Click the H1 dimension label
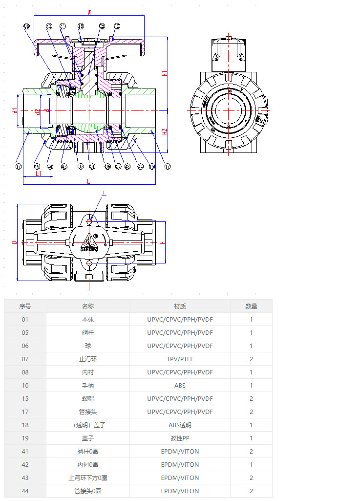point(165,73)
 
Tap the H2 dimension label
point(165,131)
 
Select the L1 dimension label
point(38,173)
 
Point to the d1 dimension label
point(15,110)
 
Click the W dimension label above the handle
point(88,11)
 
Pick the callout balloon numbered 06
point(107,166)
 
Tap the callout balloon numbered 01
point(93,166)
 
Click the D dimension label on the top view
point(14,242)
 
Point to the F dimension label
point(163,242)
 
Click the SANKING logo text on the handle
point(89,249)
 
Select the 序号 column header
point(25,306)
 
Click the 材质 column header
point(180,306)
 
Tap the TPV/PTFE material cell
point(180,359)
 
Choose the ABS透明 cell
point(180,425)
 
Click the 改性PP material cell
point(180,438)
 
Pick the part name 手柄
point(88,385)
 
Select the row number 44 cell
point(25,491)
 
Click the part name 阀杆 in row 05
point(88,332)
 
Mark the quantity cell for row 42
point(251,464)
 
